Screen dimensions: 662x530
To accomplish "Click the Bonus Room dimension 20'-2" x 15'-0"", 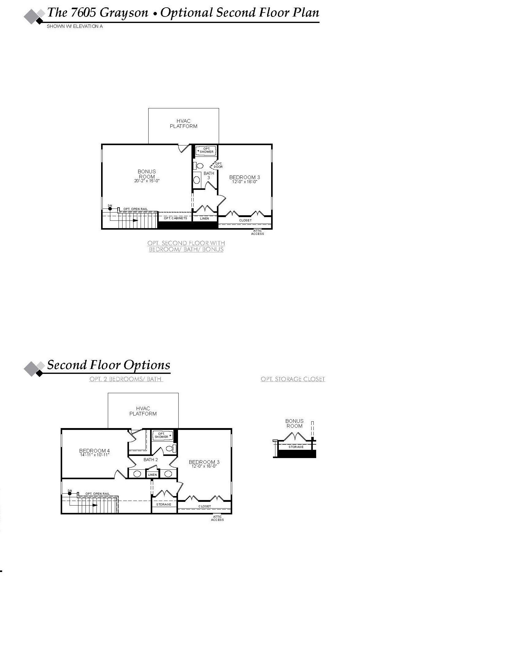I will [147, 181].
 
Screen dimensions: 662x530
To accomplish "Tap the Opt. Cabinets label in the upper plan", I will [175, 218].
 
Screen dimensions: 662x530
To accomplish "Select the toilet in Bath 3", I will [199, 166].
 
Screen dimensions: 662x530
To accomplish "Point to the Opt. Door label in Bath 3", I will [218, 165].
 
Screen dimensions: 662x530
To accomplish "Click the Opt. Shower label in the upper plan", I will [206, 150].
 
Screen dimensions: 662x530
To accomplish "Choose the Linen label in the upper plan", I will [204, 218].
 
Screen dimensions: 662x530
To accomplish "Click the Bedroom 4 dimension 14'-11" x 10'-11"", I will [95, 455].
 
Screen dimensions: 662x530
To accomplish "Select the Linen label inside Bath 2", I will [152, 475].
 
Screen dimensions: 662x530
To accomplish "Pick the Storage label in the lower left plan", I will [164, 505].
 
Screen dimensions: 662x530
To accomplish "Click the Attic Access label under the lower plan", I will [217, 518].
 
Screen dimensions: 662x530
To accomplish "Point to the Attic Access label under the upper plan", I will [257, 232].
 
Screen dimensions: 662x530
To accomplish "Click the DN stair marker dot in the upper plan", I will [110, 209].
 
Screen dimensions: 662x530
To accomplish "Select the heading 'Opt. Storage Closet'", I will [293, 379].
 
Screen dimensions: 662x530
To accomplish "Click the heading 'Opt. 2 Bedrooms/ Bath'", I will [126, 379].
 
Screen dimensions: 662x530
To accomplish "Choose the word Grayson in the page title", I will [124, 13].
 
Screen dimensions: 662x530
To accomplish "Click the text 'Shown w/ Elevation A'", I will [75, 26].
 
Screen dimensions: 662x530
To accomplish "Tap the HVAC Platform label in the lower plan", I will [143, 411].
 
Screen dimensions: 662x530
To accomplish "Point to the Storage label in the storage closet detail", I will [296, 447].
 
